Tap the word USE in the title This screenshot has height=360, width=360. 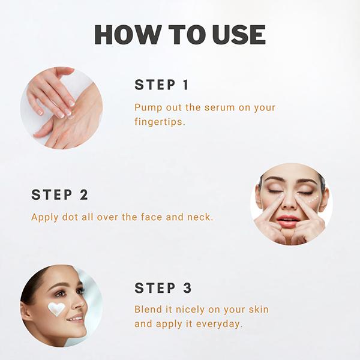[239, 34]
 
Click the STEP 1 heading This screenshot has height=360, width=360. [161, 85]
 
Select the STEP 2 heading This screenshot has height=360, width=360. [59, 194]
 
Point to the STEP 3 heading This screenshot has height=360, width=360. [163, 288]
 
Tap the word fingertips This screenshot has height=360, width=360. [160, 122]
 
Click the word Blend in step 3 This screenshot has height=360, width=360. [148, 309]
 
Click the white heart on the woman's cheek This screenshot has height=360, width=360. [56, 308]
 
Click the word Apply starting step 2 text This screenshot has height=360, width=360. [44, 217]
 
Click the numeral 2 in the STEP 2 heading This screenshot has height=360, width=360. [84, 194]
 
